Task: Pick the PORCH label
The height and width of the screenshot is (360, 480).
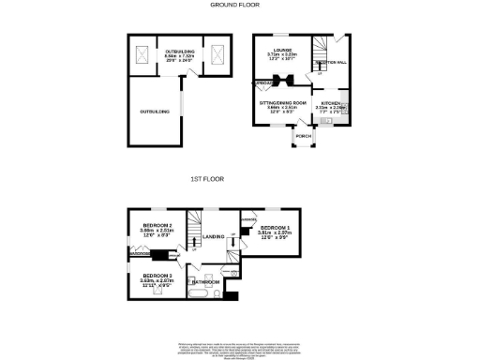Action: [x=303, y=137]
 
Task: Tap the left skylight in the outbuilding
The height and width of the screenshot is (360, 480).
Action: [x=144, y=55]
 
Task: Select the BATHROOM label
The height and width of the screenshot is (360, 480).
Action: [x=207, y=282]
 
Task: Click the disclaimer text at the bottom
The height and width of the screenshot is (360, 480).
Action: [x=240, y=350]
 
